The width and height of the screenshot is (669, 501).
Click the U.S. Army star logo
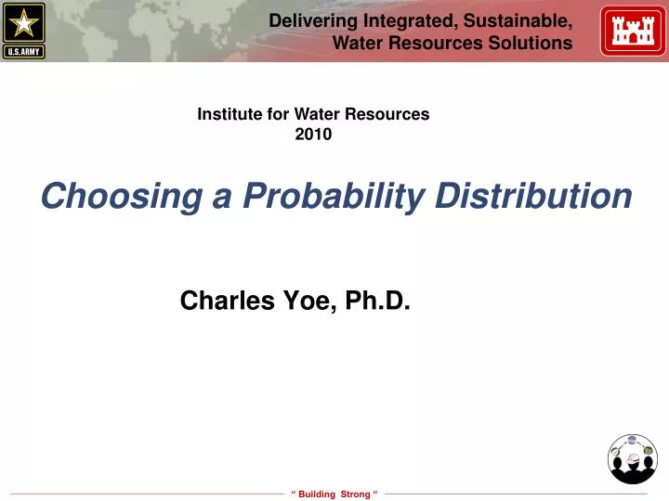click(x=24, y=24)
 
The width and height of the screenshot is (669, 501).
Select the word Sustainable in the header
click(x=522, y=20)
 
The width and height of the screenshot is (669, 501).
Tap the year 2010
click(x=313, y=134)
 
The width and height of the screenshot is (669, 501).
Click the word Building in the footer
click(x=317, y=494)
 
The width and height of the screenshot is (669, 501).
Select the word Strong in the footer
click(x=355, y=494)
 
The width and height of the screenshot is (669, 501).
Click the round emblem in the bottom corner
click(x=632, y=458)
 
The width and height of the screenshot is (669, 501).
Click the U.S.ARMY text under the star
click(x=24, y=51)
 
